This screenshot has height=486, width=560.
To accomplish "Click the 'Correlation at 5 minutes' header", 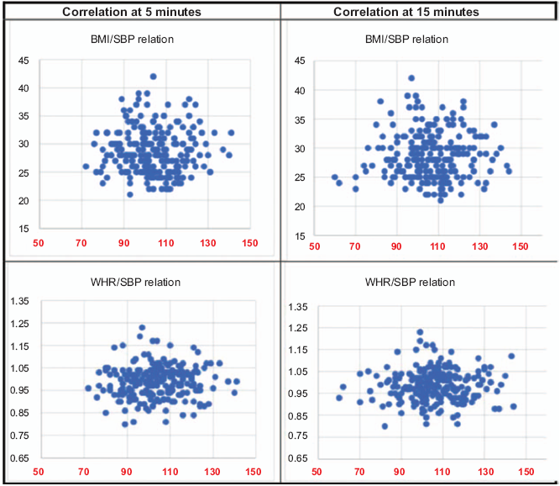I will (140, 12).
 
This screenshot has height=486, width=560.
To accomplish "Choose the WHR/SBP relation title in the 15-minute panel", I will (418, 282).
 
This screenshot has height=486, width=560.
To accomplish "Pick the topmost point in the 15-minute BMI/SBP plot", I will (411, 78).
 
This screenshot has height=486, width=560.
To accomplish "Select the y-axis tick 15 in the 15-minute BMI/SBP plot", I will (300, 235).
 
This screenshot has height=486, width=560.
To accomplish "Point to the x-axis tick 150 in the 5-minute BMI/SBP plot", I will (249, 244).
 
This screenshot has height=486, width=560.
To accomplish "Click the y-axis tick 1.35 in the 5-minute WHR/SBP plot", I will (18, 302).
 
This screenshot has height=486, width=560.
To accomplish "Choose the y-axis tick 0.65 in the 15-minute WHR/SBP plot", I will (297, 458).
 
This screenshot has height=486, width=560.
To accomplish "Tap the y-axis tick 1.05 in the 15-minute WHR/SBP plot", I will (297, 372).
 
